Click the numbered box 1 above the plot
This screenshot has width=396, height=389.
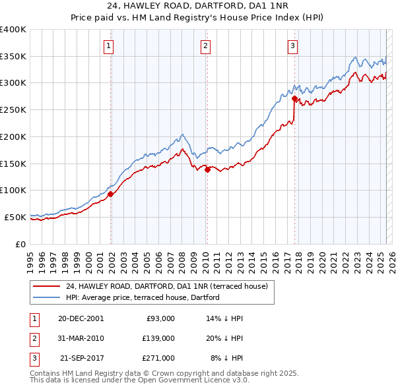tap(108, 45)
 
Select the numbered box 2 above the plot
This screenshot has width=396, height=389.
tap(206, 45)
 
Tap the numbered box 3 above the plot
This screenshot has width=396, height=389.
tap(292, 45)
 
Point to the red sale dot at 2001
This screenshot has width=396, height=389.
tap(111, 194)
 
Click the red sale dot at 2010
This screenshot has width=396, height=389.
tap(207, 169)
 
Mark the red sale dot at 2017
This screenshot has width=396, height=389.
tap(294, 98)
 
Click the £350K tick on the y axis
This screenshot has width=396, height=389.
tap(13, 56)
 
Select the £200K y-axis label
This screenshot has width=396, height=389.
tap(13, 136)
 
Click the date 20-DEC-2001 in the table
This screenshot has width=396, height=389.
tap(81, 318)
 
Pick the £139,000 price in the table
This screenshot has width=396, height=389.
tap(158, 338)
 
